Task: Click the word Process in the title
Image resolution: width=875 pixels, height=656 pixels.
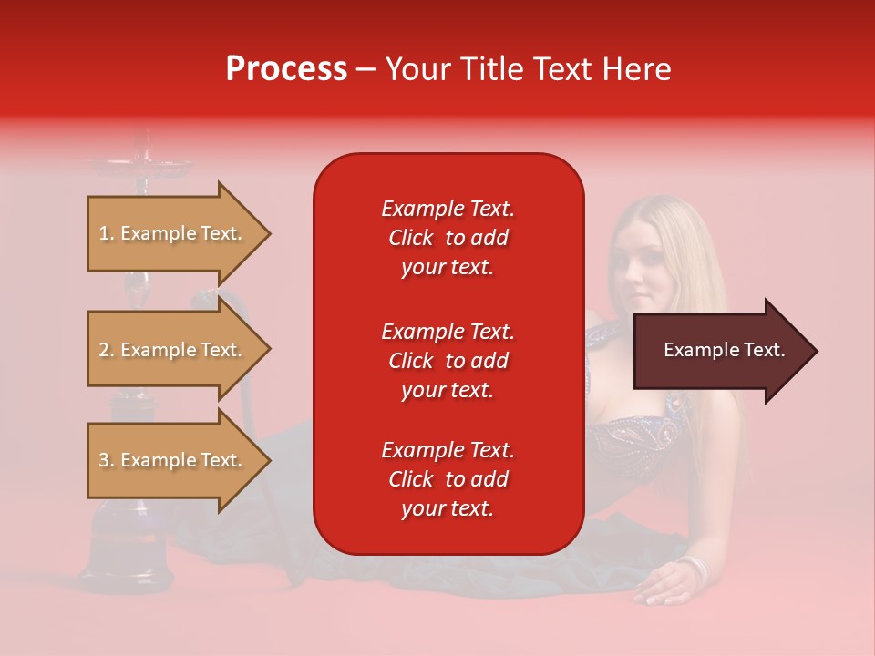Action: coord(286,68)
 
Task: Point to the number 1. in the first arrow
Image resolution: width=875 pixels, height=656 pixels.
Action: coord(107,233)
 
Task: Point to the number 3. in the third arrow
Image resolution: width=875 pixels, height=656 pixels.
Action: coord(107,460)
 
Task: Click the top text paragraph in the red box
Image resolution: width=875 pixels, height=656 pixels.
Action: coord(448,238)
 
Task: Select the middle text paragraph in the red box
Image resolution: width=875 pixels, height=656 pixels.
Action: coord(448,360)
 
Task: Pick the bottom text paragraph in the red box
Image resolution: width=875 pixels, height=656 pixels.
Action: coord(448,479)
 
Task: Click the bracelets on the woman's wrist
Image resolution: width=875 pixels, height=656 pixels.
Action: coord(695,570)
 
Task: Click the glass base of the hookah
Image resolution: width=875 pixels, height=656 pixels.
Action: coord(128,538)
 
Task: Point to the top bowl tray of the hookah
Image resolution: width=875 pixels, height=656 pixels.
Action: coord(141,166)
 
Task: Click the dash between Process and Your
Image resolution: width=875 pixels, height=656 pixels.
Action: coord(365,70)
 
